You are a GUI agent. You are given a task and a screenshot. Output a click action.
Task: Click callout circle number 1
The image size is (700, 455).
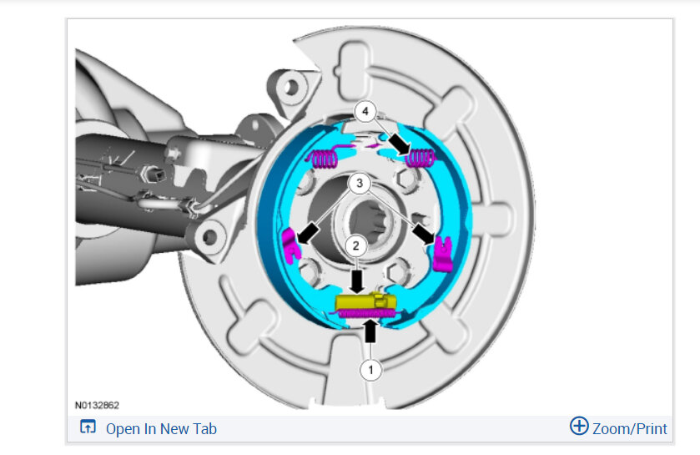370,370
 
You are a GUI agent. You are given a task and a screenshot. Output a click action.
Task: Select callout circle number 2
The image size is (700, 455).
355,246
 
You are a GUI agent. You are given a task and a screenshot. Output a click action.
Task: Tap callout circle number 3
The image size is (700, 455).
360,183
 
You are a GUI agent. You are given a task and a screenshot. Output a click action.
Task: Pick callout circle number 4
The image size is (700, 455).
365,111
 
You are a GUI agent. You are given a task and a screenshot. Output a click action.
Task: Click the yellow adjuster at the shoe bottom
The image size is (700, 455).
365,302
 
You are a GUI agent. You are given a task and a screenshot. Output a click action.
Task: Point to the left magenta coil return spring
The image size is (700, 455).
323,157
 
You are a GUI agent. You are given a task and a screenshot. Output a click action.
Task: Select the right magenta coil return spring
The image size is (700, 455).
420,158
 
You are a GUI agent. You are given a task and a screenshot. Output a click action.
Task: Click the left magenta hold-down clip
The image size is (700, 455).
290,245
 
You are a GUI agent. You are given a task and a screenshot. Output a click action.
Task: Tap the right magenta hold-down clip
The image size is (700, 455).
444,254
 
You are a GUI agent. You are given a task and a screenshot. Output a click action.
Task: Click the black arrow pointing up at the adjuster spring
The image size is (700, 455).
370,331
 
